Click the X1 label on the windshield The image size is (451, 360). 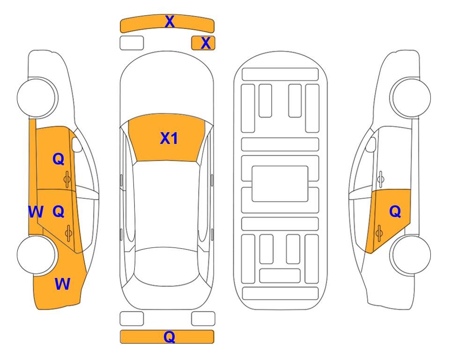[169, 138]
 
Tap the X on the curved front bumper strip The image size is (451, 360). [170, 22]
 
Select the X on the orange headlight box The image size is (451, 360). [206, 43]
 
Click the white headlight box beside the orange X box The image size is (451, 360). [132, 43]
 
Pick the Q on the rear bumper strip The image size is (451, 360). [170, 337]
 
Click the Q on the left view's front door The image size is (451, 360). [59, 159]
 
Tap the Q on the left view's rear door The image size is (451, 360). [59, 212]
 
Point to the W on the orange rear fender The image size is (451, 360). [62, 284]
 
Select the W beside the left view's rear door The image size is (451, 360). [36, 212]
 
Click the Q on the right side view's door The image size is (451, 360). [395, 212]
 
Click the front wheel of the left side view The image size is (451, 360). [37, 97]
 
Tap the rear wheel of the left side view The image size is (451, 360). [37, 255]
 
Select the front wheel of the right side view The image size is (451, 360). [410, 97]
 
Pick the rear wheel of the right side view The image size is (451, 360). [410, 255]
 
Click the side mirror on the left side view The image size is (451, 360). [76, 144]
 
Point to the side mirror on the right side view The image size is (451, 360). [371, 144]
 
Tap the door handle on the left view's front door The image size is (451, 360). [67, 180]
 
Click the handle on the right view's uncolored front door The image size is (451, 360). [380, 179]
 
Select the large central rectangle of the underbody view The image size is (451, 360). [280, 184]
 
